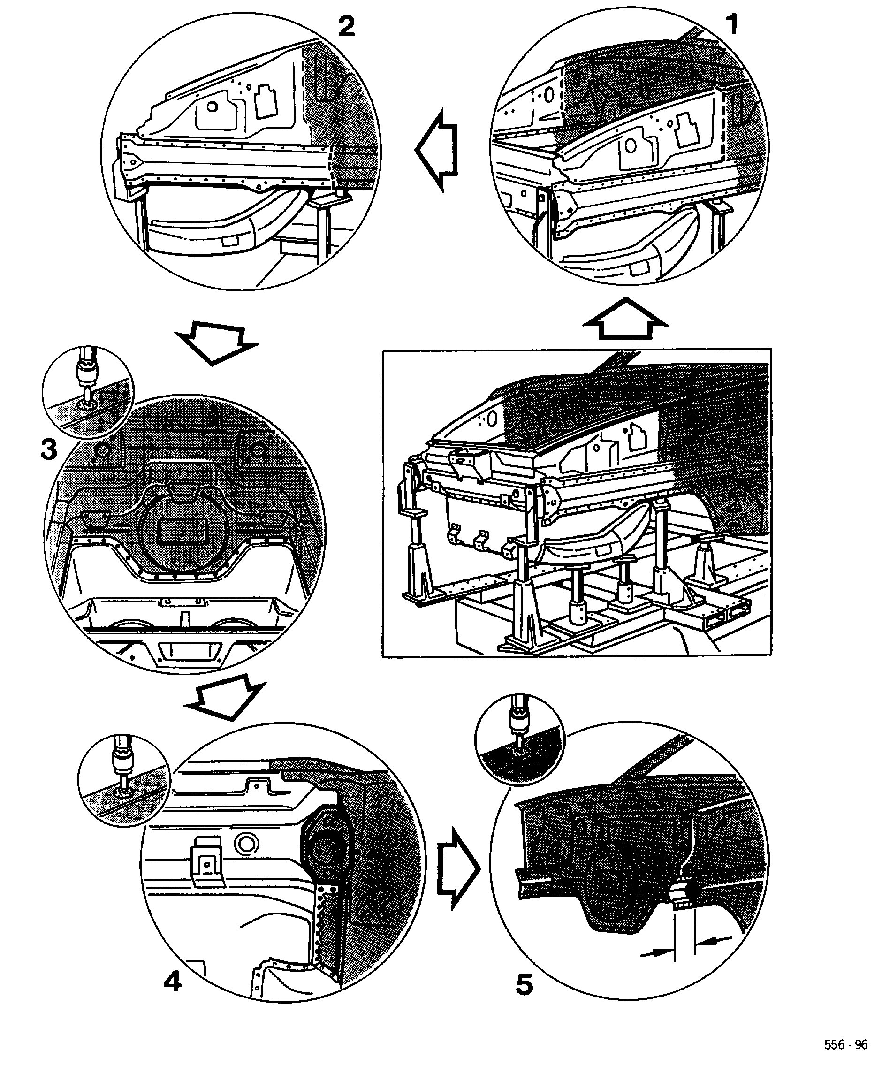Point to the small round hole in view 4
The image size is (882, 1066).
[x=248, y=843]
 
